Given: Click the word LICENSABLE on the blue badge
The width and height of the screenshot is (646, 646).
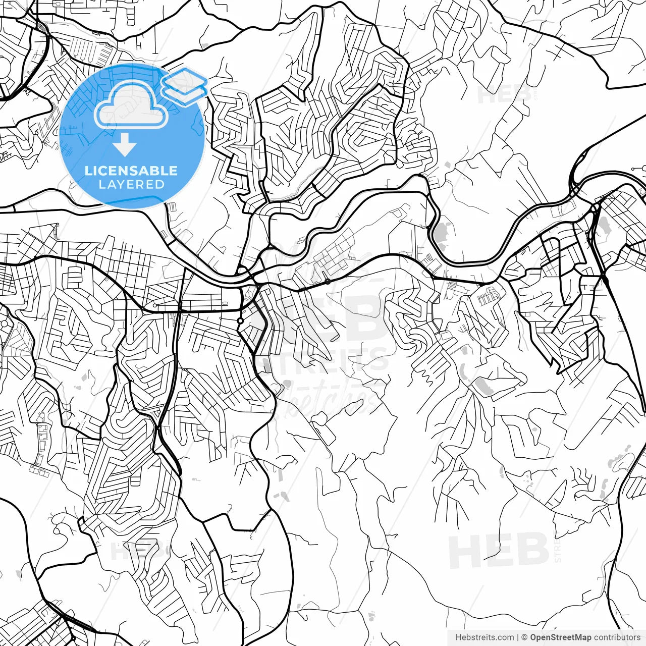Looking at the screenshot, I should tap(131, 171).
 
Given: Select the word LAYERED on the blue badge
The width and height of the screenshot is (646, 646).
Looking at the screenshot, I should tap(131, 185).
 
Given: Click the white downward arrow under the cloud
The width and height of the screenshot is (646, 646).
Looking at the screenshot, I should tap(124, 145).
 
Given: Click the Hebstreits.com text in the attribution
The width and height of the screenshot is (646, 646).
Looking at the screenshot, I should tap(484, 637).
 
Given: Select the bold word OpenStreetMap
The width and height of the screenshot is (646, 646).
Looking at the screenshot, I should tap(560, 637).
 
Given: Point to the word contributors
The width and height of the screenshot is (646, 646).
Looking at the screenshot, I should tap(616, 637).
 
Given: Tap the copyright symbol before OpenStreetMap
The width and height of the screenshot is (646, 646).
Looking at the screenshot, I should tap(524, 637).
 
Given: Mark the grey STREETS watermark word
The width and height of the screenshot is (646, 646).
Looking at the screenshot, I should tap(323, 361).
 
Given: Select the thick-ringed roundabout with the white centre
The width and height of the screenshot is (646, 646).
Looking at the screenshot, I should tap(240, 320).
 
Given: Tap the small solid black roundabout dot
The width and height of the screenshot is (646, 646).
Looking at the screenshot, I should tap(328, 281).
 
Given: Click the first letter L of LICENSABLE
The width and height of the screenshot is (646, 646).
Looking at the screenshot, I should tap(88, 171).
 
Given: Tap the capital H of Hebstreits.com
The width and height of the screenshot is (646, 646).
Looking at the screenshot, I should tap(459, 637).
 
